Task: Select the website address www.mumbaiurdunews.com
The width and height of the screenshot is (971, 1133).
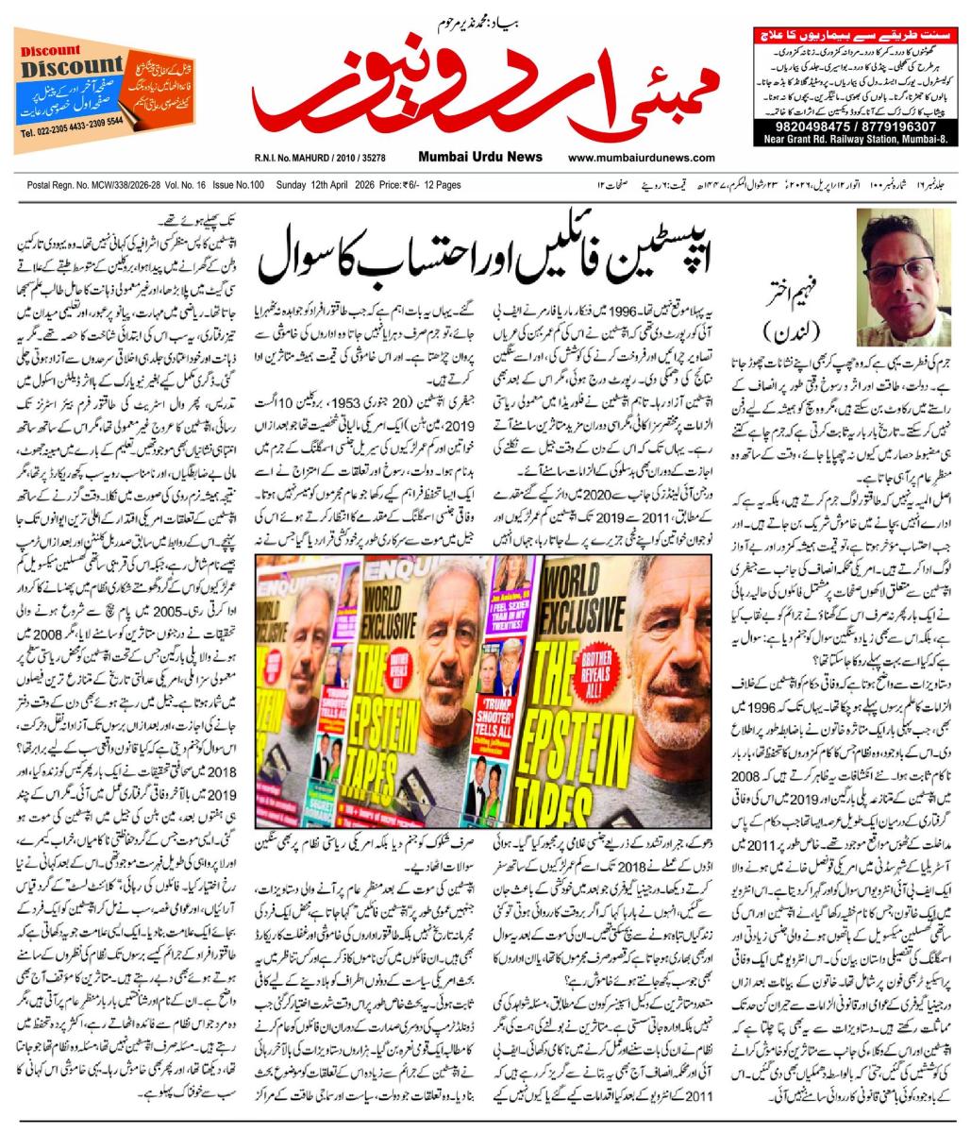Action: pos(641,161)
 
